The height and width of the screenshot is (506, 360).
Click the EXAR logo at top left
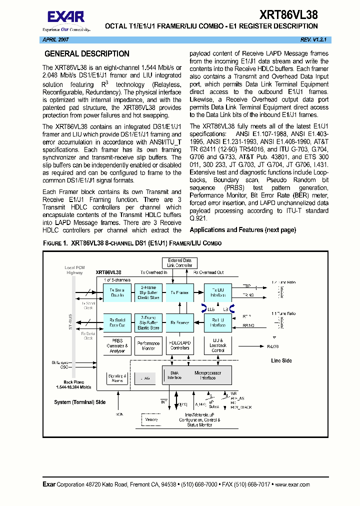tap(69, 18)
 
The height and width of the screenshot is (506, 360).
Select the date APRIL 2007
tap(54, 39)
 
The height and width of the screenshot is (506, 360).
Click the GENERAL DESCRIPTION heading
tap(87, 54)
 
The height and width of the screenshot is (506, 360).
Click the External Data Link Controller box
tap(179, 263)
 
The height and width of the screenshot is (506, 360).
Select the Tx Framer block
tap(179, 292)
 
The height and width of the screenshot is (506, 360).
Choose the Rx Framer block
tap(179, 323)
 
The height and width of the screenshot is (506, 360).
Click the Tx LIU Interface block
tap(217, 292)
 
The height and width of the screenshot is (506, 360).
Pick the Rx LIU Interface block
tap(217, 323)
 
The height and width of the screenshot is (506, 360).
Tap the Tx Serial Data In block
tap(117, 292)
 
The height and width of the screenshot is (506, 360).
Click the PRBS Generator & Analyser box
tap(117, 345)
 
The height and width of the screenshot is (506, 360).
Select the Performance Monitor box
tap(148, 345)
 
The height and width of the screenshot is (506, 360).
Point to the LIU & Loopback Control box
tap(217, 345)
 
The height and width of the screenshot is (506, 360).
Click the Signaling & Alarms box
tap(117, 378)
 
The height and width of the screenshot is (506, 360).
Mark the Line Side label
tap(281, 360)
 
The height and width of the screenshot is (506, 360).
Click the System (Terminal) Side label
tap(79, 402)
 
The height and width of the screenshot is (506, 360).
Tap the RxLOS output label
tap(272, 345)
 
